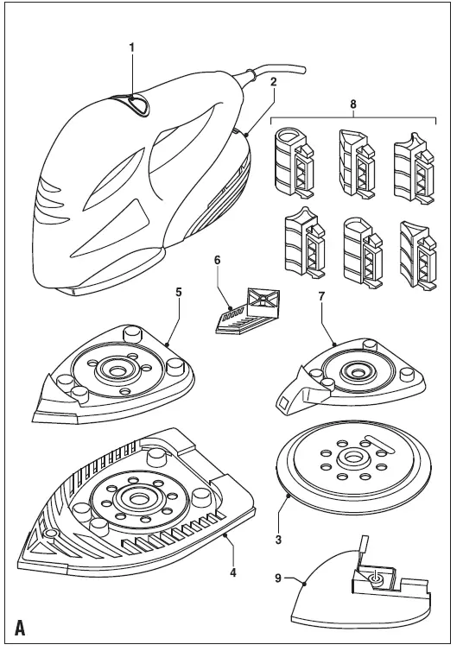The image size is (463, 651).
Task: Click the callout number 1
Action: tap(132, 47)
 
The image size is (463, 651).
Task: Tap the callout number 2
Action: tap(273, 81)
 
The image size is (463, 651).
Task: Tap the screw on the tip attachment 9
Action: tap(374, 578)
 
